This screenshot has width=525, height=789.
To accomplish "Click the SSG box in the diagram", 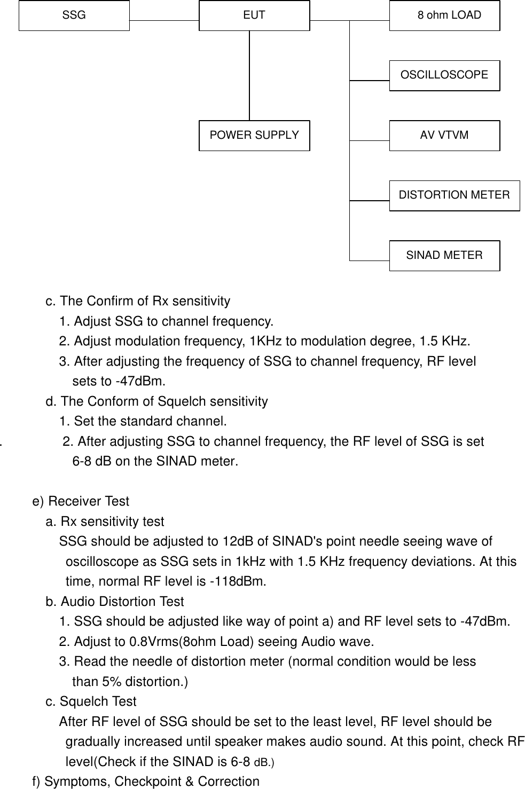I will point(74,15).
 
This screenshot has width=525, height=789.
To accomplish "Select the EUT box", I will point(254,15).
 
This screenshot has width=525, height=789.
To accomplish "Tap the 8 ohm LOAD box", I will point(445,15).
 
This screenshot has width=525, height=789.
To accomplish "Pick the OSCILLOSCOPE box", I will point(445,75).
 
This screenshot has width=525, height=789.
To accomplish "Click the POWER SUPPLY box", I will point(254,136).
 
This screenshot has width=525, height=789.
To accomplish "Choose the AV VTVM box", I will point(445,136).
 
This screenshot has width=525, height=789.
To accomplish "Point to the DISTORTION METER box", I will point(455,195).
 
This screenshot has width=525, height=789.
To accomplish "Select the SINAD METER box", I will point(445,256).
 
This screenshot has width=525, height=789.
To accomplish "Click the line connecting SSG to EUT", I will point(164,21).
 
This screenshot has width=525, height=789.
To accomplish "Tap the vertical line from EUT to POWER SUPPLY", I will point(249,75).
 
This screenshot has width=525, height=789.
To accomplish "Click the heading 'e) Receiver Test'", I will point(81,502).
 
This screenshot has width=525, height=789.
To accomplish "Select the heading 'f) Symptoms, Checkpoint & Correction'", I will point(146,782).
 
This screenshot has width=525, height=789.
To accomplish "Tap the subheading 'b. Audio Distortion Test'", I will point(115,602).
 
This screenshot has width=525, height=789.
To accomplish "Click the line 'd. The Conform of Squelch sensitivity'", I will point(156,401).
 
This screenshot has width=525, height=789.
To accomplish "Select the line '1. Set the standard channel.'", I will point(143,422).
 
